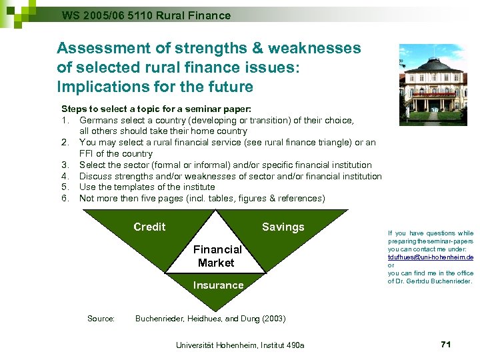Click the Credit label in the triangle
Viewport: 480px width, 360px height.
point(149,227)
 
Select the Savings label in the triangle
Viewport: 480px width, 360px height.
point(283,227)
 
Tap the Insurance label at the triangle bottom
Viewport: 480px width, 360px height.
point(218,285)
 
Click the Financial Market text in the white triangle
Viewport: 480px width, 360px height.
point(217,256)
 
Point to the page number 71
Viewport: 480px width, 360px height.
point(446,344)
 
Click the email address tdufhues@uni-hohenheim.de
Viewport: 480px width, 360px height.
point(431,257)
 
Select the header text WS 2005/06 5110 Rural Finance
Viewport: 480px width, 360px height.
point(146,15)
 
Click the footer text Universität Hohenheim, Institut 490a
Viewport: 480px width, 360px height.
point(239,345)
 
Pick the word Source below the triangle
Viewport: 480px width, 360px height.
point(101,319)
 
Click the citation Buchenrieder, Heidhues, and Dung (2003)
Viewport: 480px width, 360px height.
point(210,319)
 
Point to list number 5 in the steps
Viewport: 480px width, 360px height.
point(65,187)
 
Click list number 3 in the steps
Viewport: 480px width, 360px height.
point(65,165)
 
